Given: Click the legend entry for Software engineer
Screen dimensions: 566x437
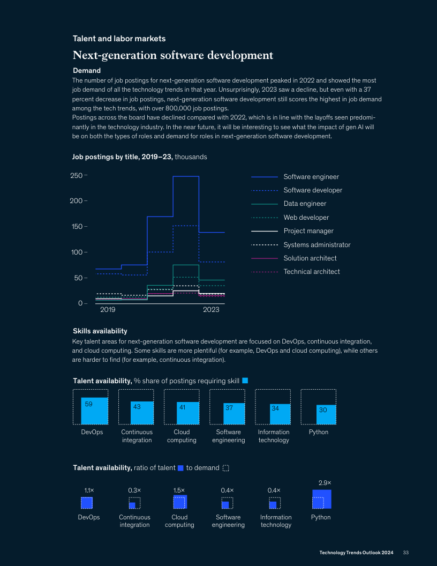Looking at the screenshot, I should coord(311,177).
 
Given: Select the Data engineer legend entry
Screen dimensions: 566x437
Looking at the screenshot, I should coord(305,204).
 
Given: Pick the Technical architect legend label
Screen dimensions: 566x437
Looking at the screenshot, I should coord(311,272).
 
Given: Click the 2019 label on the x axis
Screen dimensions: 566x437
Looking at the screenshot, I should coord(108,310).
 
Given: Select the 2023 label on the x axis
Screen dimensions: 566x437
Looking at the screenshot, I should coord(212,310).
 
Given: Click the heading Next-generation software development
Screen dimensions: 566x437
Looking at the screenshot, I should coord(173,56).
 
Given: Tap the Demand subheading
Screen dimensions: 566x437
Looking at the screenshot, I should coord(87,70).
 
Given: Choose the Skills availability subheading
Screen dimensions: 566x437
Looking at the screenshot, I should coord(100,331).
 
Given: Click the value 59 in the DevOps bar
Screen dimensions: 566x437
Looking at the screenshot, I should coord(89,404).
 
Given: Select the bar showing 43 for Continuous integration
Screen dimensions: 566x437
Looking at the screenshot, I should coord(142,413).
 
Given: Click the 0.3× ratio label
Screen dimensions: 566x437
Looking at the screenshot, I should coord(134,490).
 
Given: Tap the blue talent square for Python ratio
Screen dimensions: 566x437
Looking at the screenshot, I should coord(322,499).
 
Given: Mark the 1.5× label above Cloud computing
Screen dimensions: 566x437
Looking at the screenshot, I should coord(179,490).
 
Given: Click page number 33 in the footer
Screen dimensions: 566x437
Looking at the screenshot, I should coord(406,553).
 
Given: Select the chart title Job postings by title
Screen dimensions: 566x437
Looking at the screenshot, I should coord(123,157).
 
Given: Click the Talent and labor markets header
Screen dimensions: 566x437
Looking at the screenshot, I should coord(119,39).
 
